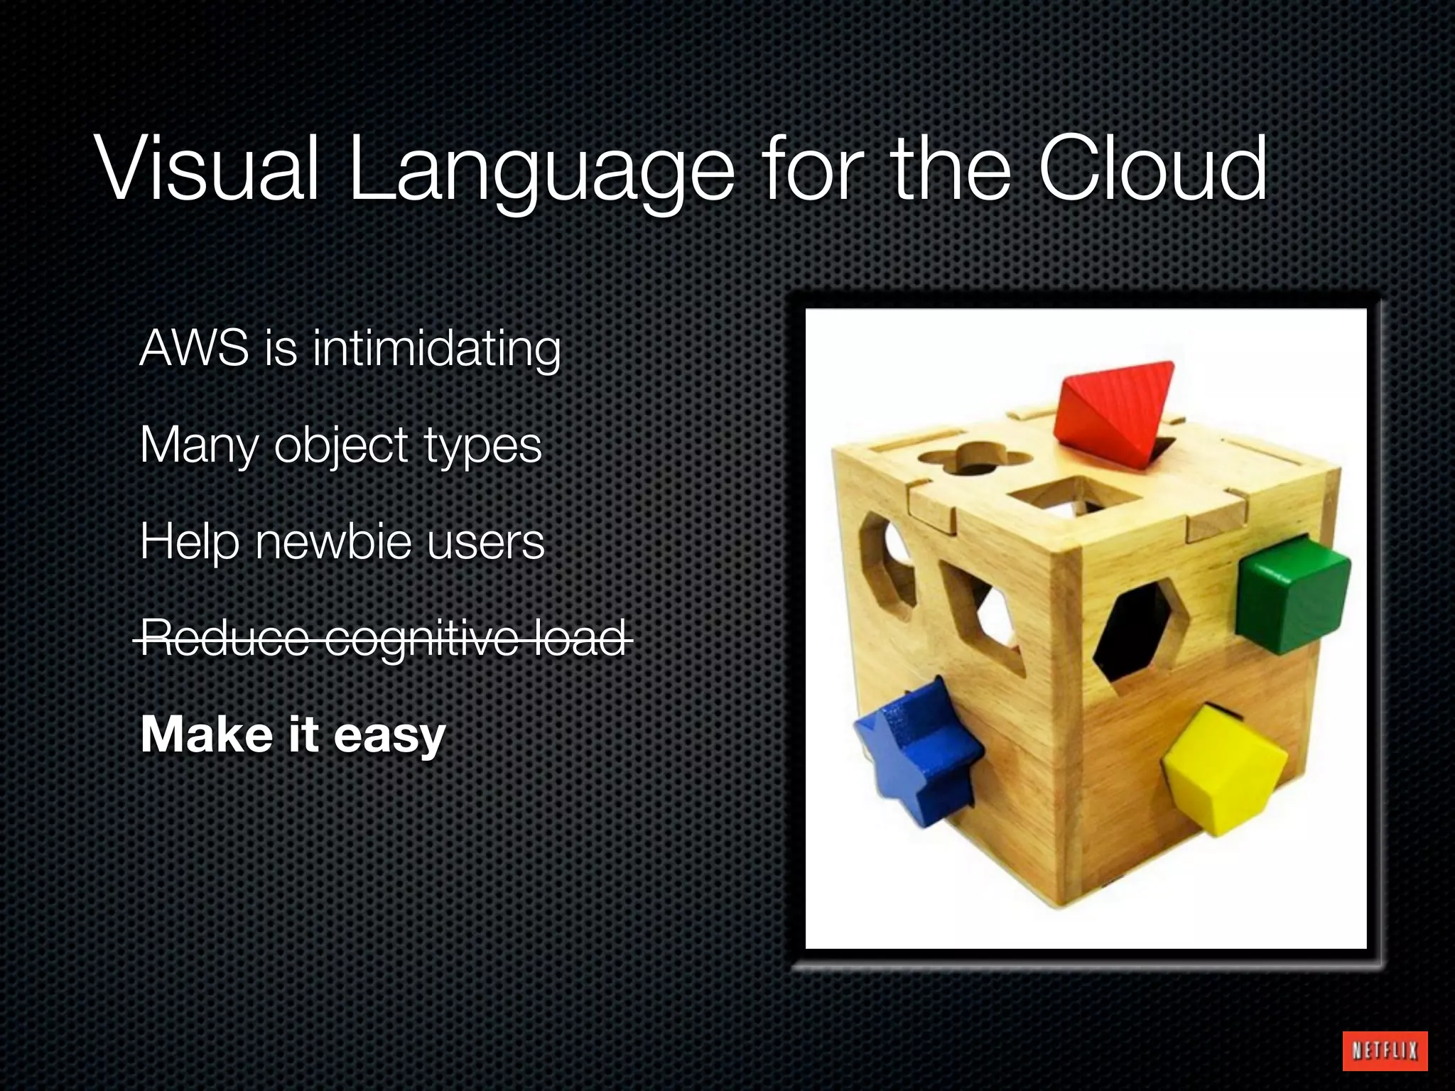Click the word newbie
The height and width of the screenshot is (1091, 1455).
click(333, 542)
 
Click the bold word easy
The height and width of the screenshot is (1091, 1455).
click(389, 735)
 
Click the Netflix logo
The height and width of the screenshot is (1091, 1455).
click(1385, 1050)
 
